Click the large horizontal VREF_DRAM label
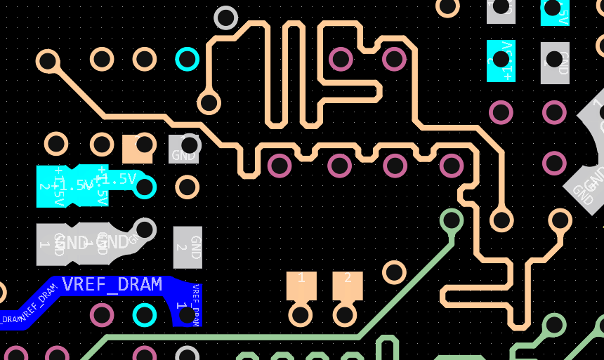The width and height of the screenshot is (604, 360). pos(112,284)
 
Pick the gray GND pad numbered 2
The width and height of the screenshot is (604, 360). pos(188,247)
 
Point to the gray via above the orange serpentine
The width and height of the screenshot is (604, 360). pos(225,17)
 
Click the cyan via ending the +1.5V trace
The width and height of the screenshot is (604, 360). pos(145,187)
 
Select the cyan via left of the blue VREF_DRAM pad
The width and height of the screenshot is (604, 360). pos(145,315)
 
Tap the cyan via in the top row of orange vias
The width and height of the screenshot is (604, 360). pos(187,59)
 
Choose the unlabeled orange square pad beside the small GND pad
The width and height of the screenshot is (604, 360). pos(137,148)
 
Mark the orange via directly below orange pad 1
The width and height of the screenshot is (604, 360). pos(301,314)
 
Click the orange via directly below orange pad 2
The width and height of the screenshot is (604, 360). pos(345,314)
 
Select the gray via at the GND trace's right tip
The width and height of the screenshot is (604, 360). pos(145,229)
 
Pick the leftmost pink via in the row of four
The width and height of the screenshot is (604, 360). pos(280,166)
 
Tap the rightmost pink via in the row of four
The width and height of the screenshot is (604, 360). pos(451,166)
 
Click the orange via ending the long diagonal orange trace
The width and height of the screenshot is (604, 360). pos(48,61)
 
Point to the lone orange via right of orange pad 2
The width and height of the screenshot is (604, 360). pos(394,272)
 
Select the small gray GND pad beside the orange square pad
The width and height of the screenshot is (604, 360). pos(184,149)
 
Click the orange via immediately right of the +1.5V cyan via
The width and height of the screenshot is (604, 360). pos(187,187)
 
